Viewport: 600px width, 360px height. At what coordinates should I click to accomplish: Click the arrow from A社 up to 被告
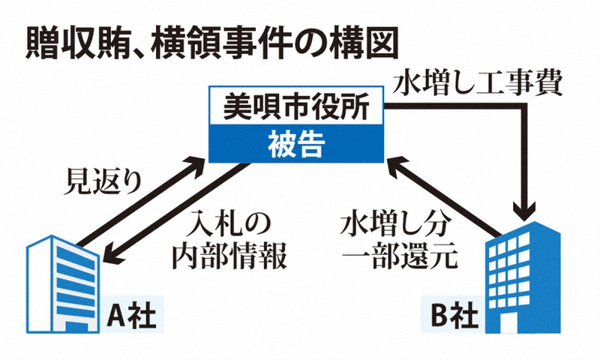point(142,202)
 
